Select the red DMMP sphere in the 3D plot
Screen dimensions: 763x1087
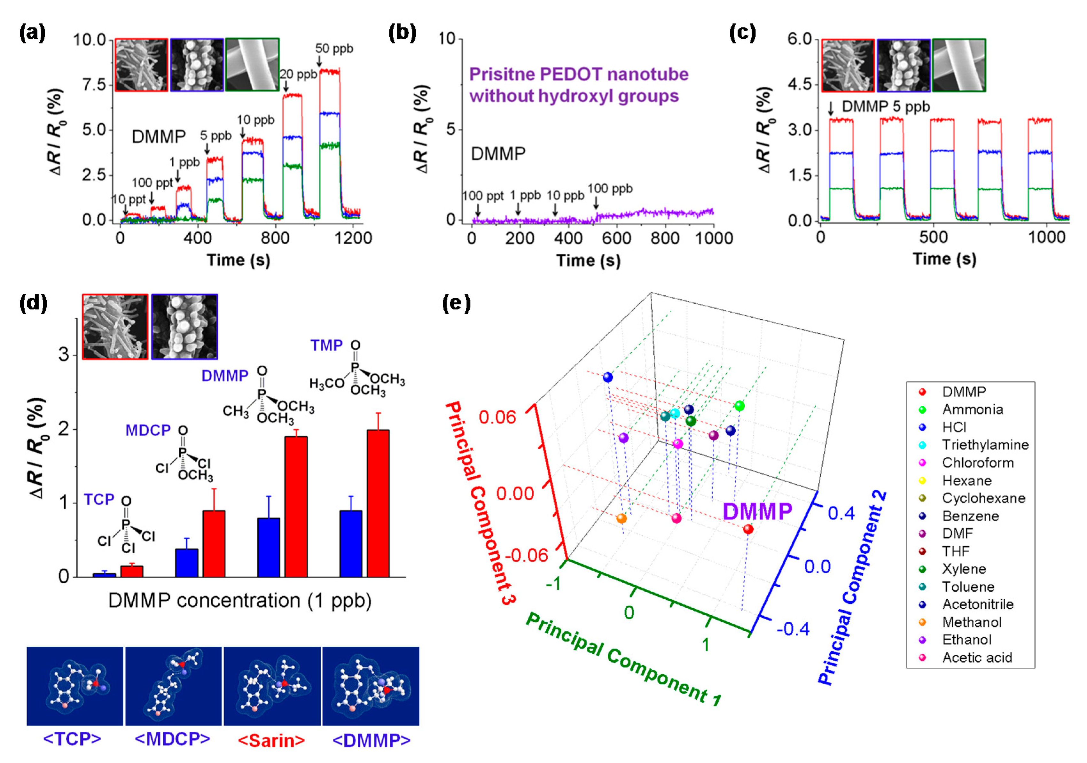[x=748, y=529]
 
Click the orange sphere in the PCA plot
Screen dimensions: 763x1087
[x=622, y=518]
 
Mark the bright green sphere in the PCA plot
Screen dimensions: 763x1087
[x=739, y=406]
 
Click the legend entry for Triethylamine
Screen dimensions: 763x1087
[x=985, y=445]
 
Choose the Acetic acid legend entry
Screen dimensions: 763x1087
[x=977, y=658]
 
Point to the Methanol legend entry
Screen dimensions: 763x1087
[x=972, y=622]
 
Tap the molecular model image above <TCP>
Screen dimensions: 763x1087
[x=75, y=686]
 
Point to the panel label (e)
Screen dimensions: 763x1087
[x=456, y=303]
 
